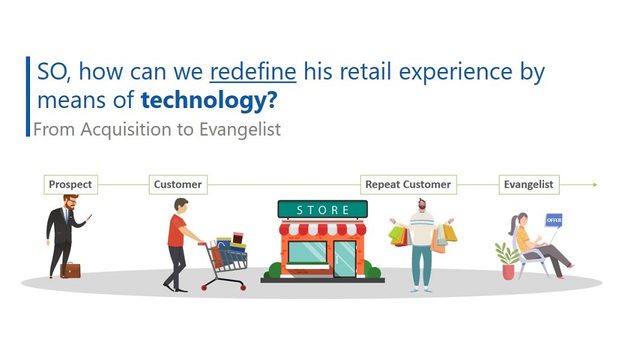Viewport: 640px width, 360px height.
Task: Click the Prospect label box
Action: click(x=71, y=184)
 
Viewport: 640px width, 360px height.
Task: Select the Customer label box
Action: click(x=178, y=184)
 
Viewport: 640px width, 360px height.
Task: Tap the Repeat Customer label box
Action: click(x=408, y=184)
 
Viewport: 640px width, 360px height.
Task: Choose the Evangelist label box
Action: click(x=528, y=184)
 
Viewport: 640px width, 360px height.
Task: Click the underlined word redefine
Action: click(x=253, y=72)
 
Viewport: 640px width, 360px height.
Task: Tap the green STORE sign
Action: click(x=322, y=209)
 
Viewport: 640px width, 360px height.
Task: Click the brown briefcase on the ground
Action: click(x=71, y=270)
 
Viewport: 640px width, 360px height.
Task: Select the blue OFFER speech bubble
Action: click(x=554, y=220)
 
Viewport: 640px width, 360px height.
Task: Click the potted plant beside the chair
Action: click(x=507, y=261)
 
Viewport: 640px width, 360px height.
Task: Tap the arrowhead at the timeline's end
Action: click(x=595, y=185)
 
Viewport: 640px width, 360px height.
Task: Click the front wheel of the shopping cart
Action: click(x=243, y=288)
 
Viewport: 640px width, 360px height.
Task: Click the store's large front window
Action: click(x=307, y=253)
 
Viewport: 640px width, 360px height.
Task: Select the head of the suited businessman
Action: click(x=71, y=202)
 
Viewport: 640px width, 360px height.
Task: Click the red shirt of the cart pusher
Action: click(x=177, y=231)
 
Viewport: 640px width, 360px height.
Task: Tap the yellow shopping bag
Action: click(x=450, y=233)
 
